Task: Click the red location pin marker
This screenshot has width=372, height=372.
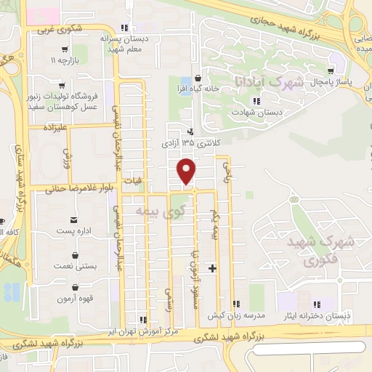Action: click(x=187, y=171)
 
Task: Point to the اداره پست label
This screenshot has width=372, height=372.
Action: click(x=73, y=230)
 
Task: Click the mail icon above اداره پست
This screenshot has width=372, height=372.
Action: click(x=73, y=219)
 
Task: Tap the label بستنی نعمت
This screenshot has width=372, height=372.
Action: click(x=76, y=267)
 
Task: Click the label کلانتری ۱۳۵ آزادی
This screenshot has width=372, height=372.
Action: click(x=190, y=143)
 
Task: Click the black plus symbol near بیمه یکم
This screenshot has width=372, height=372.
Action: click(x=212, y=269)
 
